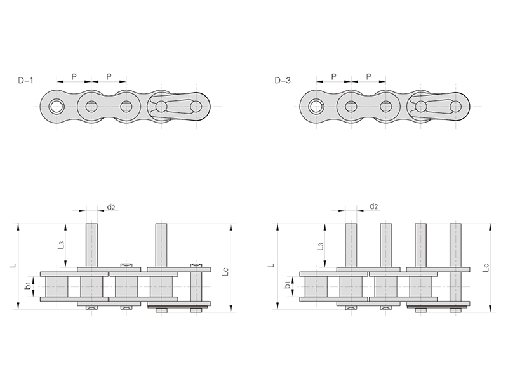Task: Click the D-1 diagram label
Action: (26, 81)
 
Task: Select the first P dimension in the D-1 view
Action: (74, 77)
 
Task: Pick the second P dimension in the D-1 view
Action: (109, 77)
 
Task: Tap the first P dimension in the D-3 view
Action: (334, 77)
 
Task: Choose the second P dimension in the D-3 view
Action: (369, 77)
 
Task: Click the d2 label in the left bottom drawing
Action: (111, 207)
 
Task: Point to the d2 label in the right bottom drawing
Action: (373, 207)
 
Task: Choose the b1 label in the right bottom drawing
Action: (287, 285)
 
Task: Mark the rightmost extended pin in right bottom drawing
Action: (455, 244)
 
